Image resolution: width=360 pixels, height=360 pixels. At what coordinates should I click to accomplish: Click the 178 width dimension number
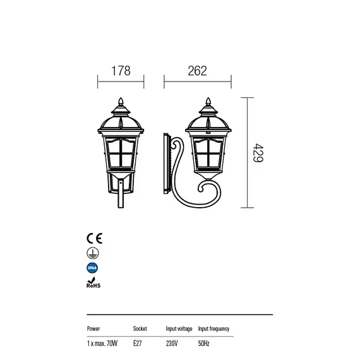pos(121,71)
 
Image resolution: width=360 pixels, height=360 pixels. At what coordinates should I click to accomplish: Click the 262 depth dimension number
pos(197,71)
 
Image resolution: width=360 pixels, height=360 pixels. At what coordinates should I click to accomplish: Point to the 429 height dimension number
pos(258,153)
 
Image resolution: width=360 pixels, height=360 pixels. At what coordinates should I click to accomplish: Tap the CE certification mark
pos(94,238)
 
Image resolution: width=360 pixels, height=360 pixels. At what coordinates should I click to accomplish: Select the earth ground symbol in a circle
pos(93,253)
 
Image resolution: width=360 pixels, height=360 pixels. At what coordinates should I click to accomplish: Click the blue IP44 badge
pos(92,268)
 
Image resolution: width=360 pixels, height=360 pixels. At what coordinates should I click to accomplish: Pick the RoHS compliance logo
pos(93,282)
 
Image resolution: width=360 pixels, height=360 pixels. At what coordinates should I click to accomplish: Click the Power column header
pos(93,328)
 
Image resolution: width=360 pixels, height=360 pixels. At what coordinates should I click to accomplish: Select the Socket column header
pos(140,328)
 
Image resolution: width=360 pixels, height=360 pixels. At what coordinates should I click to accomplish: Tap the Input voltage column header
pos(179,329)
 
